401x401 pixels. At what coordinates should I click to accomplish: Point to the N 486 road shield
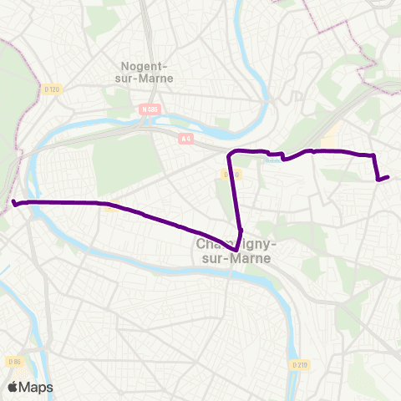point(150,109)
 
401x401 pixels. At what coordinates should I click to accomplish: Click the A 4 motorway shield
point(186,140)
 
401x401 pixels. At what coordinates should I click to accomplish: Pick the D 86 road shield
point(13,361)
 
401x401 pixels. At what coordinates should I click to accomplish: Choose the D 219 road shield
point(301,365)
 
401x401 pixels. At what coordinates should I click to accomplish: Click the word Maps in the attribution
point(36,388)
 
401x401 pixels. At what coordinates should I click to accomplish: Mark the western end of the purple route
point(14,202)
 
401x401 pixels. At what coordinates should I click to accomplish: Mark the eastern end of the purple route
point(388,176)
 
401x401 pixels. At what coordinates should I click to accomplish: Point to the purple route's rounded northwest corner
point(231,153)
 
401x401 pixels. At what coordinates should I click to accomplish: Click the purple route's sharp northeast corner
point(373,155)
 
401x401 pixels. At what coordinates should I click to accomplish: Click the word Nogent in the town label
point(144,66)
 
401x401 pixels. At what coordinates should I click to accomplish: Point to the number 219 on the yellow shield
point(303,365)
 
